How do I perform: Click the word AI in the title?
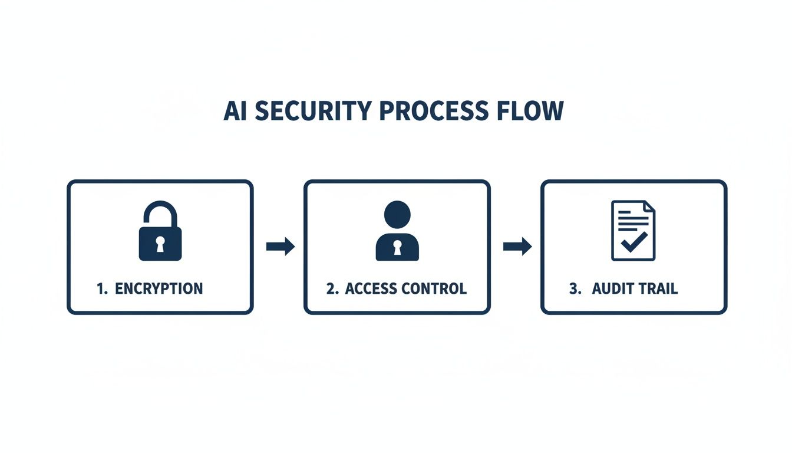point(235,111)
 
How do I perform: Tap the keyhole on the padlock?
point(160,244)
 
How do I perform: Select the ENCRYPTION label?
point(159,288)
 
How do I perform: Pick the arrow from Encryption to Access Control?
point(280,247)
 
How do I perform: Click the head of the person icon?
point(397,214)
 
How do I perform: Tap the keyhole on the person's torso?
point(397,247)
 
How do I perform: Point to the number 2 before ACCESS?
point(331,288)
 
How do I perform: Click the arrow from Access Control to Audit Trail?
point(517,247)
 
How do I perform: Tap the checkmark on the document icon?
point(634,242)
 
